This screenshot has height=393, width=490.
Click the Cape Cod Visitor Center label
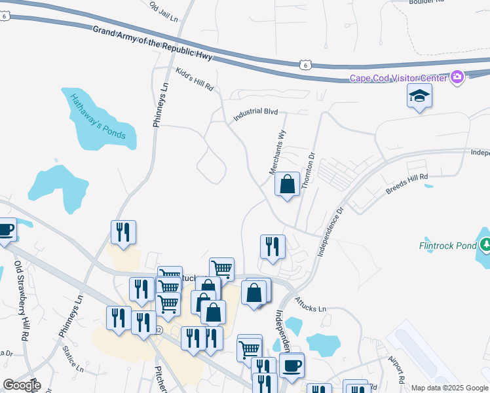[x=398, y=79]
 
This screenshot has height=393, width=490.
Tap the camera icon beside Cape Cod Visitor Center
[x=457, y=78]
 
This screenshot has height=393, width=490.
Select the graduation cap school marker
[x=419, y=97]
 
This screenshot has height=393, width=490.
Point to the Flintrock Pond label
[x=448, y=246]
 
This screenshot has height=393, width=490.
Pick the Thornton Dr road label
[x=309, y=172]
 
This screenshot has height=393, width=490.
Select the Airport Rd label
[x=397, y=370]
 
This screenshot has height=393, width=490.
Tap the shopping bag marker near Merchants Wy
[x=288, y=185]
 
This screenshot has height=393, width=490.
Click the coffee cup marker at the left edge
[x=5, y=231]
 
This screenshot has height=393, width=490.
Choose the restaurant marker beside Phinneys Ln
[x=123, y=233]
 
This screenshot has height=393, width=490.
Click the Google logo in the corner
[x=22, y=385]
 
